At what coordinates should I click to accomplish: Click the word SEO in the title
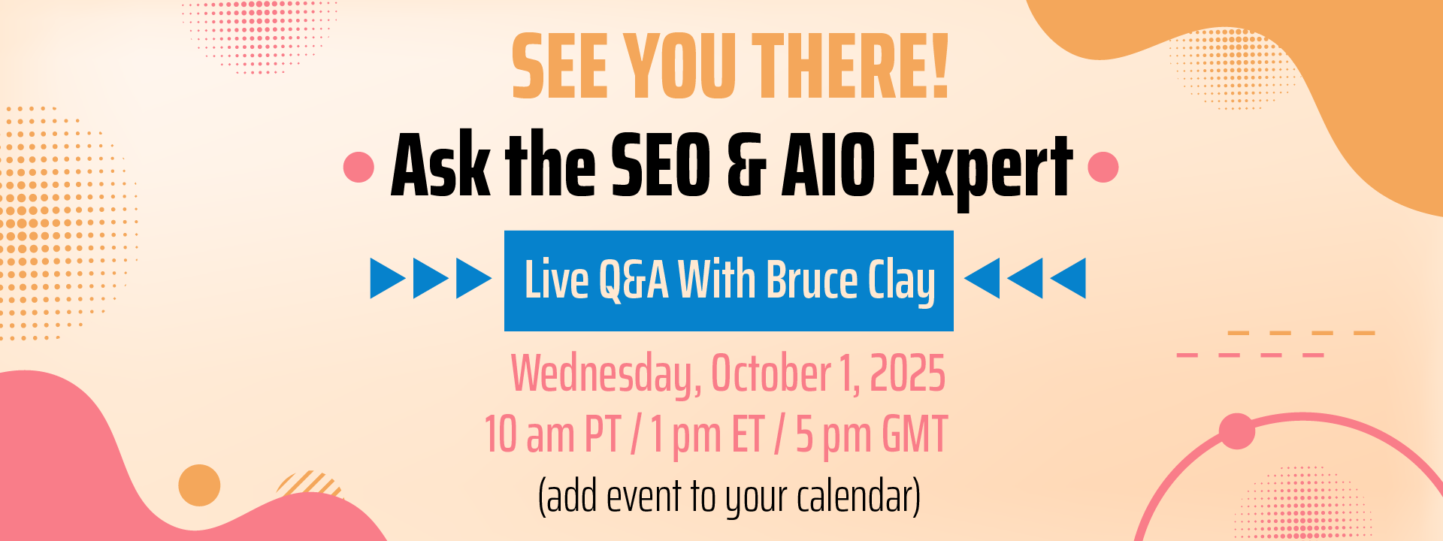click(x=661, y=165)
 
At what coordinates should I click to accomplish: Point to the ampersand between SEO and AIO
click(x=747, y=165)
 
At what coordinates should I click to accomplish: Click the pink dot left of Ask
click(x=358, y=167)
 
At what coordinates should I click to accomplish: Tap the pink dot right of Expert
click(x=1103, y=167)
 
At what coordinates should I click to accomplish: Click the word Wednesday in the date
click(x=606, y=374)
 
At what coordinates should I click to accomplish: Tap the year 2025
click(x=907, y=373)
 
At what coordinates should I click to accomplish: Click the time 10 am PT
click(x=552, y=435)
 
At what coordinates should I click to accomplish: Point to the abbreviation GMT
click(x=915, y=434)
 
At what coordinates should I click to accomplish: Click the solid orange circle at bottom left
click(x=199, y=485)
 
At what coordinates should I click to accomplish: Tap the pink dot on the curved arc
click(x=1236, y=431)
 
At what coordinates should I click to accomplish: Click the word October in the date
click(x=770, y=373)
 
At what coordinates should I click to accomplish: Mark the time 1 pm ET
click(x=707, y=435)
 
